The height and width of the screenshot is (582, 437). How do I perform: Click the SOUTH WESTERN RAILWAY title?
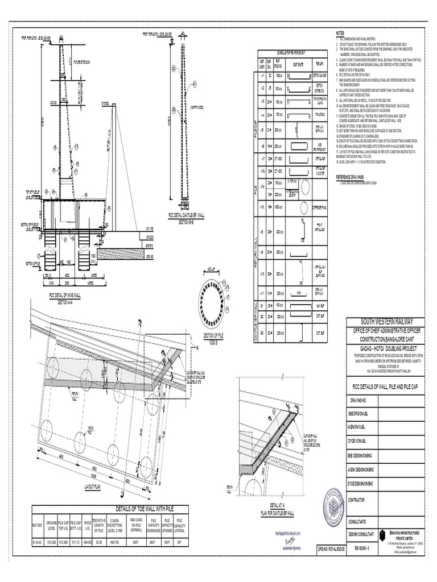tap(380, 322)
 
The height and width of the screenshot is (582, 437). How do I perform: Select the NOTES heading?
tap(341, 34)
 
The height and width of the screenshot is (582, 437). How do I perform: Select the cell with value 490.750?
tap(112, 542)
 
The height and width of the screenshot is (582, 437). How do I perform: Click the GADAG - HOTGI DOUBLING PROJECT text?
tap(380, 346)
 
